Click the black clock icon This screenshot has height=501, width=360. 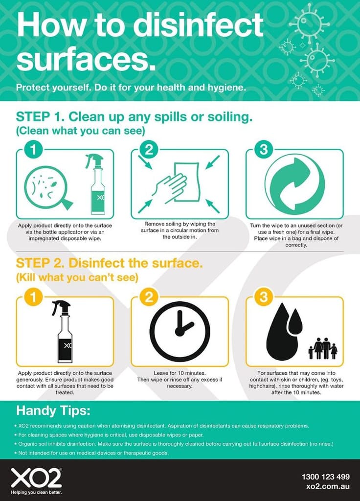coord(180,332)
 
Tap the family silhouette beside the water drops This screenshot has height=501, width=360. coord(323,348)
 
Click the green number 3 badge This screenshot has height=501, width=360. coord(264,149)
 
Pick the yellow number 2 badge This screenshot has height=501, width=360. coord(149,297)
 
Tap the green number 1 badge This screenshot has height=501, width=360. coord(34,149)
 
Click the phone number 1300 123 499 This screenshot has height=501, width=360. coord(325,477)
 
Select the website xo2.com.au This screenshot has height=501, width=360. coord(328,487)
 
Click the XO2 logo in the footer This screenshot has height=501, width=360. coord(36,478)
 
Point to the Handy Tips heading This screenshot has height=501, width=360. coord(53,410)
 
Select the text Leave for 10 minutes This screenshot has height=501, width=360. coord(180,373)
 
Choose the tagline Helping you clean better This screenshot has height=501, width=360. coord(36,492)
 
